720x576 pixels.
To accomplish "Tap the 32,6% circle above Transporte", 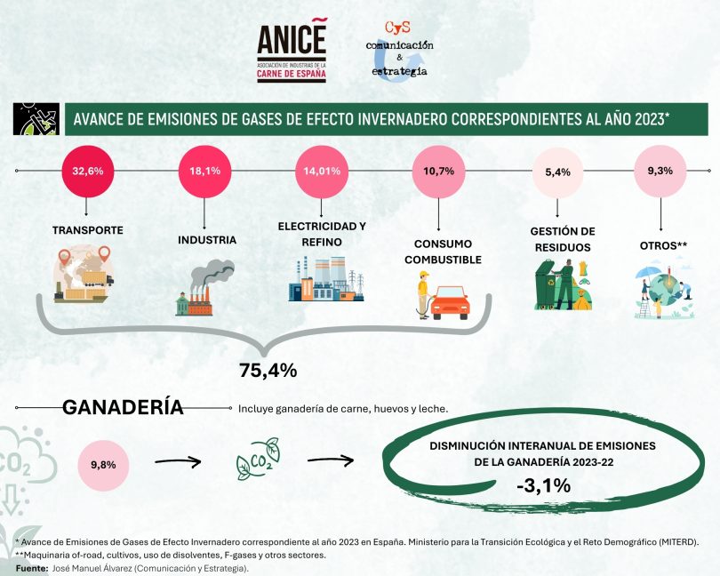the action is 88,172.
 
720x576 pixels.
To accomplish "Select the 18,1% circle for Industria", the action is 204,172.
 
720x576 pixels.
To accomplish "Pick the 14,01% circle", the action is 322,172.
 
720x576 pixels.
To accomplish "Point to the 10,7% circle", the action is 439,172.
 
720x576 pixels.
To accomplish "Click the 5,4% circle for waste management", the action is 558,172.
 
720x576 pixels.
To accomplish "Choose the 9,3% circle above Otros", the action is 660,171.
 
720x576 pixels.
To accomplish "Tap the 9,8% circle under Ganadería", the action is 103,465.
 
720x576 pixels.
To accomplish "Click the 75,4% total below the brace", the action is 268,371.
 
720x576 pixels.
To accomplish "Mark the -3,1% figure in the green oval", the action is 544,485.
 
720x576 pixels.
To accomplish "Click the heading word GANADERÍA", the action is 123,407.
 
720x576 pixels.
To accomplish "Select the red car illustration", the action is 451,302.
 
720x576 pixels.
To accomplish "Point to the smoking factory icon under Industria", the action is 204,287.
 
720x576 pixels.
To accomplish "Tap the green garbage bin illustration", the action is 547,284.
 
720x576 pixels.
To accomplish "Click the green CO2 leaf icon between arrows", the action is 259,459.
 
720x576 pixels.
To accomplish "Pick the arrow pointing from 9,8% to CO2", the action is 178,461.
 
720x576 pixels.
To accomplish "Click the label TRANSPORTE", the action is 88,230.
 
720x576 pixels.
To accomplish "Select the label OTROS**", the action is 663,245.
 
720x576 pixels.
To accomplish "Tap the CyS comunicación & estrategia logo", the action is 399,52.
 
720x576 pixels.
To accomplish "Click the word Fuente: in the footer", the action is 32,568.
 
